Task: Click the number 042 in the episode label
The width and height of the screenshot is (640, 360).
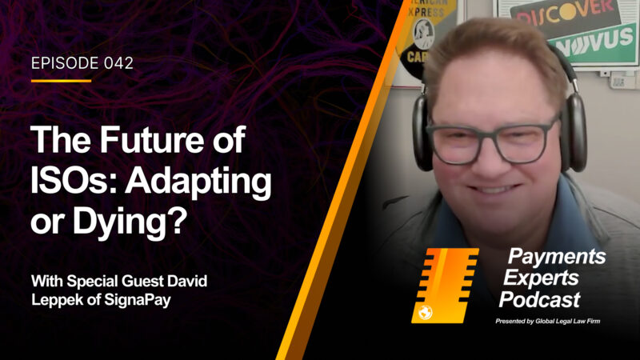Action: (118, 63)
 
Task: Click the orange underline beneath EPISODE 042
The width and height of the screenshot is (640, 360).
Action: (62, 81)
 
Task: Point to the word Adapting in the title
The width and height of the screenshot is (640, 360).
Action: (198, 183)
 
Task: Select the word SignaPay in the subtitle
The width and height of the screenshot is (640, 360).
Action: (138, 301)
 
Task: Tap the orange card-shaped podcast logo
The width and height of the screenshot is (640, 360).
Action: (445, 286)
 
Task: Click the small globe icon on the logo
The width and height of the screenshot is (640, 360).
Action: (426, 313)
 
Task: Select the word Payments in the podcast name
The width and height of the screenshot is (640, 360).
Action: (557, 256)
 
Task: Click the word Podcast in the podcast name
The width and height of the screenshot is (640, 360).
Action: (539, 299)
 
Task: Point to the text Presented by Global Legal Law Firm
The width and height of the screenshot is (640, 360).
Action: (548, 322)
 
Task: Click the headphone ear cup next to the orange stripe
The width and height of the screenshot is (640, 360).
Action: (422, 133)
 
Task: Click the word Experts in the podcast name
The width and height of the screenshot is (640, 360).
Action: (541, 278)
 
